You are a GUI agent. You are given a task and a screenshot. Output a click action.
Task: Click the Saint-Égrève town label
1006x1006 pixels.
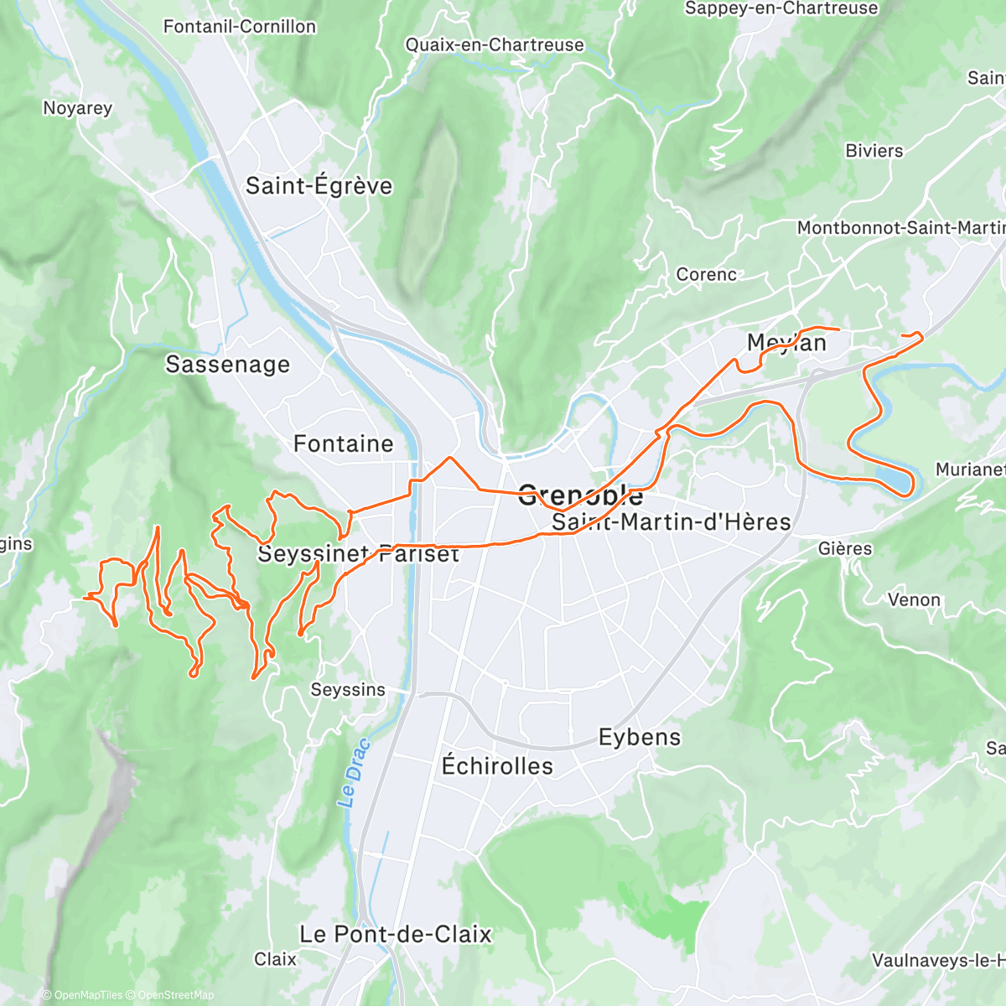pyautogui.click(x=319, y=185)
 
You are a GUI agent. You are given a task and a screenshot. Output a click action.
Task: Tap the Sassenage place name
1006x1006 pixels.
pyautogui.click(x=227, y=364)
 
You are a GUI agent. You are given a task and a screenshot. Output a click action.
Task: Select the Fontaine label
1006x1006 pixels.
pyautogui.click(x=343, y=443)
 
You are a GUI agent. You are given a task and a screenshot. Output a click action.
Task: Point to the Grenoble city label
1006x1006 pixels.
pyautogui.click(x=580, y=495)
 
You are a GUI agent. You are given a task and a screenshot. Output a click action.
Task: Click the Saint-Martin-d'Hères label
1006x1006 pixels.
pyautogui.click(x=672, y=522)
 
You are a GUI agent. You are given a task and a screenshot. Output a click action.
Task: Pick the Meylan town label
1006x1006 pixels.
pyautogui.click(x=786, y=343)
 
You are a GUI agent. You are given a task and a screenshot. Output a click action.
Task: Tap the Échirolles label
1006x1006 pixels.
pyautogui.click(x=497, y=765)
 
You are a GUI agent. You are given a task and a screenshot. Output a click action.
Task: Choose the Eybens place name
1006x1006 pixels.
pyautogui.click(x=640, y=737)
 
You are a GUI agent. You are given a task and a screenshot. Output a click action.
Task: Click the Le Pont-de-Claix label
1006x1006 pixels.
pyautogui.click(x=395, y=934)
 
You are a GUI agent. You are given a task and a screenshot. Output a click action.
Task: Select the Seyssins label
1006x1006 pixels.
pyautogui.click(x=348, y=690)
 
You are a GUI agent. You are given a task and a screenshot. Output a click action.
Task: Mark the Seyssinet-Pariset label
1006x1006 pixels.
pyautogui.click(x=358, y=554)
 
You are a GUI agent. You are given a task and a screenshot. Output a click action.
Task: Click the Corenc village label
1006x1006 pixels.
pyautogui.click(x=707, y=274)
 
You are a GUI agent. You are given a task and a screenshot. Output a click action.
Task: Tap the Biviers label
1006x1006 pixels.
pyautogui.click(x=874, y=151)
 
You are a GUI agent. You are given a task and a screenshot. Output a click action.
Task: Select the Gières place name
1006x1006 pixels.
pyautogui.click(x=845, y=548)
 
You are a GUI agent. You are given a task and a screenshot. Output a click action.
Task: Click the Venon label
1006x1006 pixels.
pyautogui.click(x=914, y=599)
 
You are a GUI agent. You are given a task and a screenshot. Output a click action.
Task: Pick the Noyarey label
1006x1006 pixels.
pyautogui.click(x=77, y=108)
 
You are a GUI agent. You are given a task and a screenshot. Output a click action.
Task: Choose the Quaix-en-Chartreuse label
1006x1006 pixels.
pyautogui.click(x=495, y=44)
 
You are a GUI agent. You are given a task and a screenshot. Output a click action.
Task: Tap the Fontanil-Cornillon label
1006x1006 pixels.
pyautogui.click(x=240, y=27)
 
